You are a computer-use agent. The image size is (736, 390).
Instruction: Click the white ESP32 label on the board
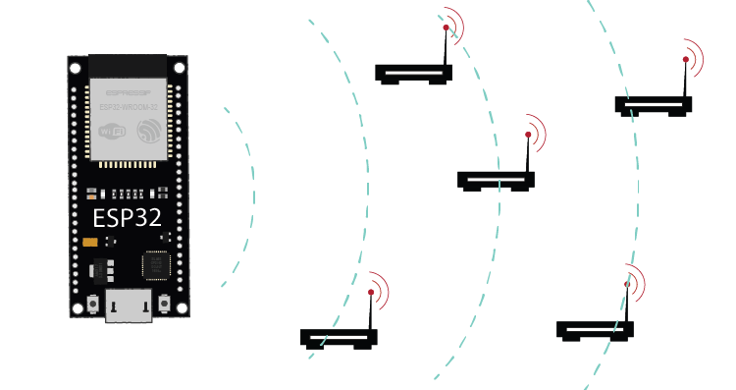127,217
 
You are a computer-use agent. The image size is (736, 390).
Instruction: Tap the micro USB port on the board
129,307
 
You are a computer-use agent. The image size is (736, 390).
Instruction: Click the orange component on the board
90,242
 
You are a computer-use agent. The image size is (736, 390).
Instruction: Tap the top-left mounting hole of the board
77,67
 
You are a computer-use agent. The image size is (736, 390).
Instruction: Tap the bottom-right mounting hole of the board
180,308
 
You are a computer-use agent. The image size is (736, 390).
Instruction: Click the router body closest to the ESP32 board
339,337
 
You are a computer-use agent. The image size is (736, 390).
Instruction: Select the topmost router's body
413,72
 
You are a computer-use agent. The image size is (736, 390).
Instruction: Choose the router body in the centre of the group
497,180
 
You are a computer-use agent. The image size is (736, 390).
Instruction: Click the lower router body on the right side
595,329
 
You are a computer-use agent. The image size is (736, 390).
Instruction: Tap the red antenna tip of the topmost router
446,29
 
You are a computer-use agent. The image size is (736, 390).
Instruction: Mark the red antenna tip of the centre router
528,135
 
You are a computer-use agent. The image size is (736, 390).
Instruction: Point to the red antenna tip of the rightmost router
686,60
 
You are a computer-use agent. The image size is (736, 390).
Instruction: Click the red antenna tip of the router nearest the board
370,292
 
